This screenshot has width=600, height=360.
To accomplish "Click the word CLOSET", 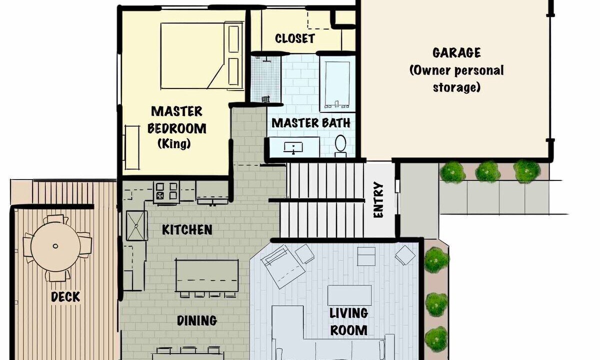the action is tap(295, 38).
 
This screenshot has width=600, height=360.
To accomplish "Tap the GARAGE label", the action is tap(456, 53).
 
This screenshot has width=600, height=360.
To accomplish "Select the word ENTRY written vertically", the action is tap(378, 200).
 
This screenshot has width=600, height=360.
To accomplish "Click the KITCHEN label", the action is tap(187, 230).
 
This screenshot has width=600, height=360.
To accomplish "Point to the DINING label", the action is tap(197, 320).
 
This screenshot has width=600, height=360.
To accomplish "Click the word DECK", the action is tap(65, 297).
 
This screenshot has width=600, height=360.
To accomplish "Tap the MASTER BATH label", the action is tap(311, 123).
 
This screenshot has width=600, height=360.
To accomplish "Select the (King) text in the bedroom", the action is tap(174, 144).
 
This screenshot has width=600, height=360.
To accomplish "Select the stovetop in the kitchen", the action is tap(166, 191).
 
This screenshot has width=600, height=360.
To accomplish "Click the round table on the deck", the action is tap(55, 246).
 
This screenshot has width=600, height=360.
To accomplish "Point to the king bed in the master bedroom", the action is tap(201, 55).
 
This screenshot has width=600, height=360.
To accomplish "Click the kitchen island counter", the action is tap(207, 275).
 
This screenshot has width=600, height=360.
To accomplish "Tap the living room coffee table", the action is tap(349, 295).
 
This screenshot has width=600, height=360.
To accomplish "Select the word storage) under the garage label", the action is tap(456, 87).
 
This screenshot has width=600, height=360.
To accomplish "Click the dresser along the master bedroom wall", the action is tap(132, 147).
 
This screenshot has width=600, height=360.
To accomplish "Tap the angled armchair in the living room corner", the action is tap(282, 266).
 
